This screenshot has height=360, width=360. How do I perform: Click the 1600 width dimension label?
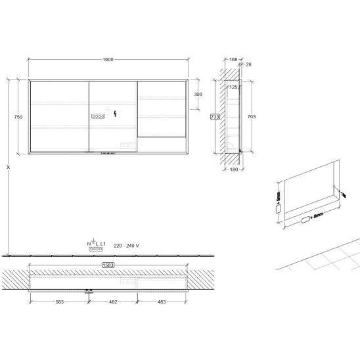pyautogui.click(x=108, y=59)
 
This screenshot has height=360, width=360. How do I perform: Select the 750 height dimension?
pyautogui.click(x=18, y=116)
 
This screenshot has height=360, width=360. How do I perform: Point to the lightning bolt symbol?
pyautogui.click(x=116, y=115)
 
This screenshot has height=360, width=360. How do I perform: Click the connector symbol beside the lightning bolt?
pyautogui.click(x=99, y=116)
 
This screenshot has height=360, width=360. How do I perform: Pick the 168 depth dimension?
pyautogui.click(x=233, y=59)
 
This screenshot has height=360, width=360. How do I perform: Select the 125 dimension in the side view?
pyautogui.click(x=233, y=87)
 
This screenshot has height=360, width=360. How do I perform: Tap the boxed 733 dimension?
pyautogui.click(x=214, y=117)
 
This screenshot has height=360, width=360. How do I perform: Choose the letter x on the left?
pyautogui.click(x=8, y=168)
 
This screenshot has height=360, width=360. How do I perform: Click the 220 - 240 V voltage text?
pyautogui.click(x=127, y=245)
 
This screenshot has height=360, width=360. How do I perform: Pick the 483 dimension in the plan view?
pyautogui.click(x=161, y=302)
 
